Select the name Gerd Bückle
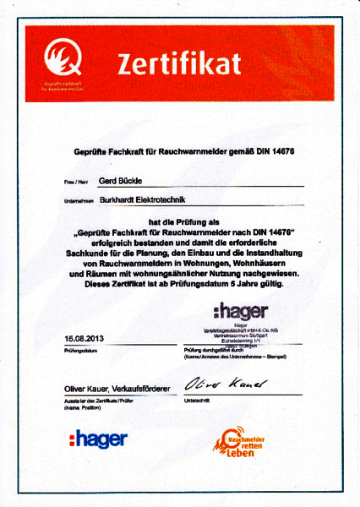tap(122, 180)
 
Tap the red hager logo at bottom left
tap(99, 439)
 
